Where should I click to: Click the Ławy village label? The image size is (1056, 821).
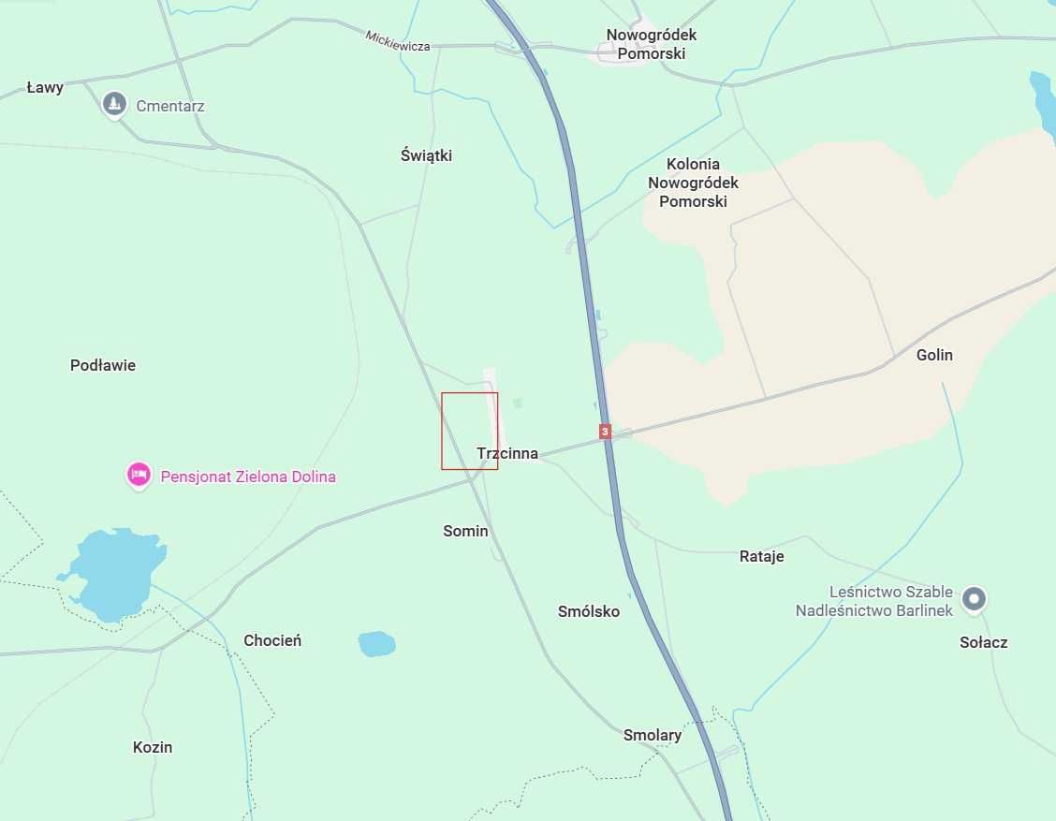click(x=45, y=87)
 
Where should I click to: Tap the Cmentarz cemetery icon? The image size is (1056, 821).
click(x=114, y=104)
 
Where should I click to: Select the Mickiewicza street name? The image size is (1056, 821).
click(x=397, y=40)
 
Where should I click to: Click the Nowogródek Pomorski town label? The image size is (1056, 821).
click(x=651, y=44)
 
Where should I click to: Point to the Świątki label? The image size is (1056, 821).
click(x=426, y=155)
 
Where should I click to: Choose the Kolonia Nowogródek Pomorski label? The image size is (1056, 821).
click(x=693, y=183)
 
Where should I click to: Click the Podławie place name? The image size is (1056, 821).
click(x=103, y=365)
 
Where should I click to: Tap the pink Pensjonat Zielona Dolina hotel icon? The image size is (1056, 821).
click(x=139, y=476)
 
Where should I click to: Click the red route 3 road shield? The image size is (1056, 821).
click(x=605, y=432)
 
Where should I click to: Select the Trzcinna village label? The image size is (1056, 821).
click(x=507, y=453)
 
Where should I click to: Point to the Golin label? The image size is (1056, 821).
click(x=934, y=355)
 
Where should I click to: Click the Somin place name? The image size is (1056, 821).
click(x=465, y=531)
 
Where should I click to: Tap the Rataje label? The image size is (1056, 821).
click(x=761, y=556)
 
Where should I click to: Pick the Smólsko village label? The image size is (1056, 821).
click(x=588, y=611)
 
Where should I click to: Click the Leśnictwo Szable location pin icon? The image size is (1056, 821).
click(x=975, y=598)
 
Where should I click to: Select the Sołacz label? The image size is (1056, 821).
click(x=983, y=642)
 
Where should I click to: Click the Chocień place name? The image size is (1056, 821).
click(x=271, y=640)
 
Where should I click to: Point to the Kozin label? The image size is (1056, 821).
click(x=153, y=747)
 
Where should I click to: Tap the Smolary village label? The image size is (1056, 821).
click(x=653, y=735)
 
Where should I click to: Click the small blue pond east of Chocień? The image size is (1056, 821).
click(x=376, y=643)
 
